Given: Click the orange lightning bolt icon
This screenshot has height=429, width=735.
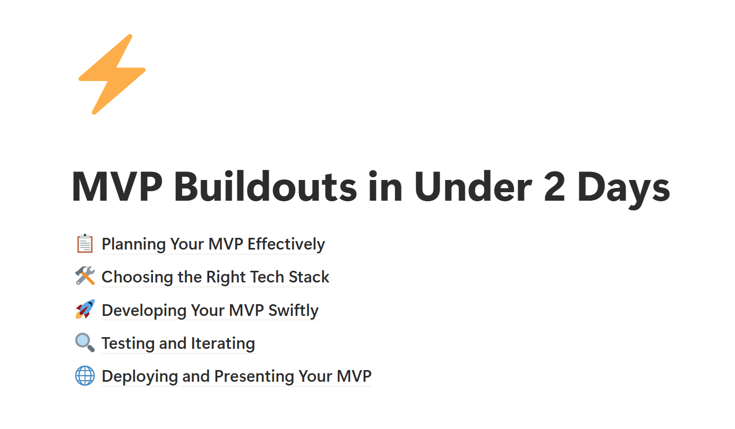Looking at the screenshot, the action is click(112, 74).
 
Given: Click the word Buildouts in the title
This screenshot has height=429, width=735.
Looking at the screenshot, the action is click(265, 187).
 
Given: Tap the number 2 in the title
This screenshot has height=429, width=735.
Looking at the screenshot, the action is click(554, 186).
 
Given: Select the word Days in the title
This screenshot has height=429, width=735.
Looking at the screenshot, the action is click(623, 190).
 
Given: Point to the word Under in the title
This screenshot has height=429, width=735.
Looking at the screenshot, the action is click(473, 186).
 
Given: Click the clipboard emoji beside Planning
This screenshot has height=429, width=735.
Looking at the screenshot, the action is click(85, 244).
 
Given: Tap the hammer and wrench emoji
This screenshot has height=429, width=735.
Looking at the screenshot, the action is click(85, 276).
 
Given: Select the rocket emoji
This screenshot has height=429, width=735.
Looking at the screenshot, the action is click(85, 309).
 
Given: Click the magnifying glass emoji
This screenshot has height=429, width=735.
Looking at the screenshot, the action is click(85, 342).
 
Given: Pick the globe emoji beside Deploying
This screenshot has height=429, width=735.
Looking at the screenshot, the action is click(85, 375).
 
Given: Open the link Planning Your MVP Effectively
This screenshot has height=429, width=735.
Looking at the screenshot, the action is click(213, 244).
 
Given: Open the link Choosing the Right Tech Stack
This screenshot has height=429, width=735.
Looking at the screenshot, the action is click(215, 277).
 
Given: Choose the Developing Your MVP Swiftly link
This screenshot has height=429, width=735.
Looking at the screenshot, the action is click(210, 311).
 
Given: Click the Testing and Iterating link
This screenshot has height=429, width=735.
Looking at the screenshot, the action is click(178, 344).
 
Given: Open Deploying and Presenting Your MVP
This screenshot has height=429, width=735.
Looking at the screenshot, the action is click(236, 376).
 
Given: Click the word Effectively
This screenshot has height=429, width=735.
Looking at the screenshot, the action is click(286, 244).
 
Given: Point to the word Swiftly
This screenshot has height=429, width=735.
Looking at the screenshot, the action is click(293, 311).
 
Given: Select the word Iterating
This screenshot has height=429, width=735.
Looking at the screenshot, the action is click(223, 344).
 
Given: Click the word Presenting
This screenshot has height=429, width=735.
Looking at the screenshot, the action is click(254, 376).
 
